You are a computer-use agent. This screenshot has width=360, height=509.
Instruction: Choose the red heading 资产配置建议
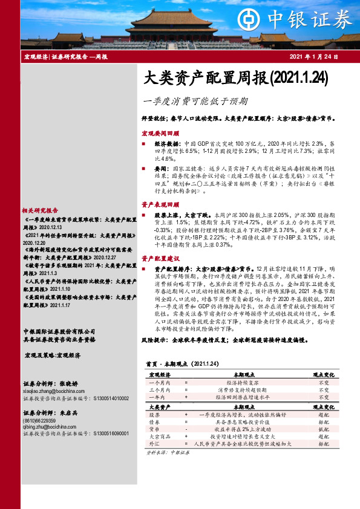pos(160,258)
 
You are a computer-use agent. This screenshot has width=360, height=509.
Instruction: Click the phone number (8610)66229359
pos(42,420)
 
